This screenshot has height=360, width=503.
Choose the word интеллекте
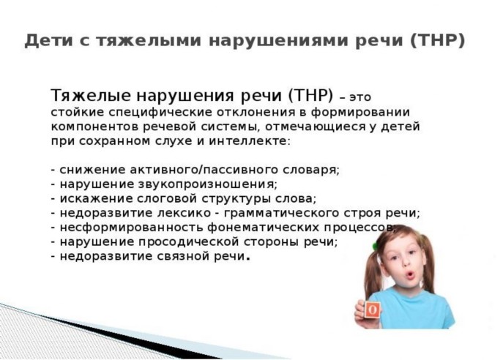[x=250, y=141]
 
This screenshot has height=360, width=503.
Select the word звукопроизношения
[x=208, y=184]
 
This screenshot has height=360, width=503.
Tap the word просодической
[x=188, y=241]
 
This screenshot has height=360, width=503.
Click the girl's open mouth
[x=410, y=275]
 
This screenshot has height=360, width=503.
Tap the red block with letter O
[x=373, y=310]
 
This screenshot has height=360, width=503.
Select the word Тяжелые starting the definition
[x=91, y=96]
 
